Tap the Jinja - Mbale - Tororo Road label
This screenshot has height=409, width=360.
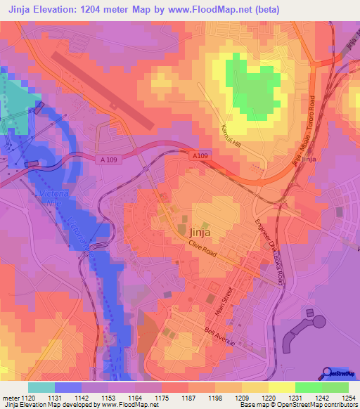(x=302, y=130)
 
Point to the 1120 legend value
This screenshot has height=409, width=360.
(x=27, y=398)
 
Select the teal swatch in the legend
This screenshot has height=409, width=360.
(x=41, y=387)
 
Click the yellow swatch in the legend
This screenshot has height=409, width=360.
(x=281, y=387)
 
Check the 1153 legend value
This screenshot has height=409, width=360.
(x=108, y=398)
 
